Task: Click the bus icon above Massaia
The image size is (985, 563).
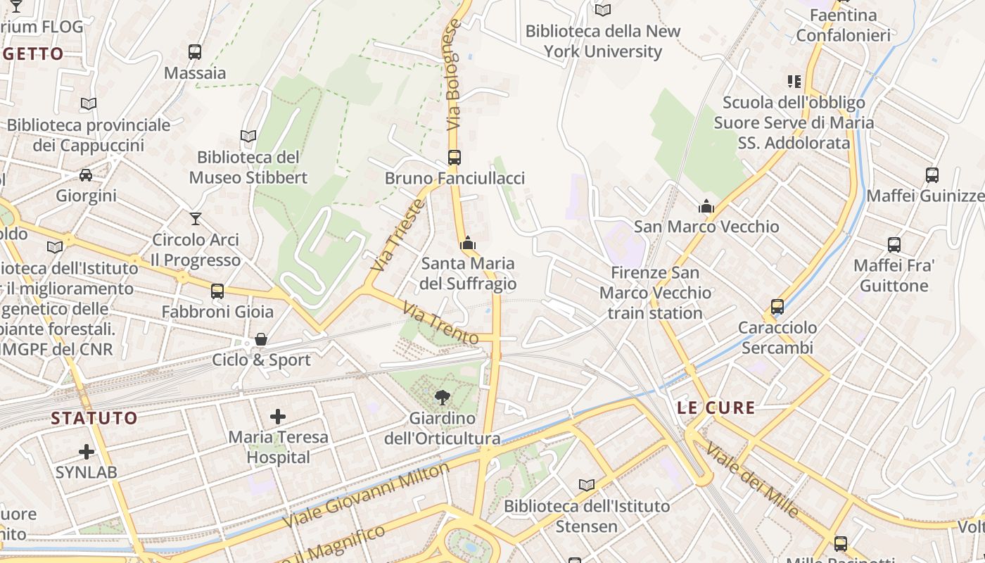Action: click(195, 51)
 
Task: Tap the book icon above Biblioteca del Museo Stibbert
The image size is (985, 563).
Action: click(248, 136)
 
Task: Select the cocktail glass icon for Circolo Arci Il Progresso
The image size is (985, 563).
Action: click(196, 219)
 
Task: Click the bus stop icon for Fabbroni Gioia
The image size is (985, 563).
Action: click(217, 291)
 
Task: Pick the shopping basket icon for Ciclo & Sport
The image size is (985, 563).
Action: click(261, 339)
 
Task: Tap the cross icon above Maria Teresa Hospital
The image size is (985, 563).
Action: click(278, 417)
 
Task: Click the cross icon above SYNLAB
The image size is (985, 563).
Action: click(87, 451)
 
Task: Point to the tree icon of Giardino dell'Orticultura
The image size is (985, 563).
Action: click(443, 398)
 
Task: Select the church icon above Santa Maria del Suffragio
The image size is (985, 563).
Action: click(468, 243)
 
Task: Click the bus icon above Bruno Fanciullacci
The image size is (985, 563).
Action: click(455, 158)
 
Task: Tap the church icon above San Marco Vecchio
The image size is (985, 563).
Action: click(706, 206)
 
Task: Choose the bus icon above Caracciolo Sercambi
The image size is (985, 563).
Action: click(777, 307)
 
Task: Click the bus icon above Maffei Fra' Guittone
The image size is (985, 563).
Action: click(894, 245)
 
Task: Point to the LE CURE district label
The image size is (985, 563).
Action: click(716, 407)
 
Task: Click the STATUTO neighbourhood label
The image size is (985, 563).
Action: click(94, 418)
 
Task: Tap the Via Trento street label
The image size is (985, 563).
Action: click(440, 323)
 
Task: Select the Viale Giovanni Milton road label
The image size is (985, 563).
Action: click(365, 495)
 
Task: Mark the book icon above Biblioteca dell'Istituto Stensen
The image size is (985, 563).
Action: click(587, 485)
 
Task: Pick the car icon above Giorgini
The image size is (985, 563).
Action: click(86, 175)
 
